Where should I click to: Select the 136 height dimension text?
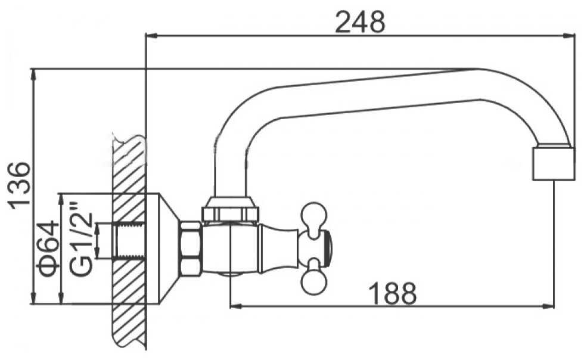point(19,185)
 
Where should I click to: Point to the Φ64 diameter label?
point(48,249)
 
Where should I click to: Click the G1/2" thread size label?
point(80,238)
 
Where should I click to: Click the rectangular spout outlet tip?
point(554,163)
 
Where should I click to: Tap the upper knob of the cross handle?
point(313,216)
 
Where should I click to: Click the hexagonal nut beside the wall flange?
point(191,249)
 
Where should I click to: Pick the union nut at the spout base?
point(229,209)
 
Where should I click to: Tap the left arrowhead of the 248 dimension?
point(153,36)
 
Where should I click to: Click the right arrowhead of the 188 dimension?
point(548,306)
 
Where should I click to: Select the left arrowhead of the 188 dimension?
point(237,306)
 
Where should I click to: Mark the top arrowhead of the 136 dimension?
point(33,76)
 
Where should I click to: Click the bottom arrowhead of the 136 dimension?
point(33,297)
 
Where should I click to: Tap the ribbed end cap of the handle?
point(326,248)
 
